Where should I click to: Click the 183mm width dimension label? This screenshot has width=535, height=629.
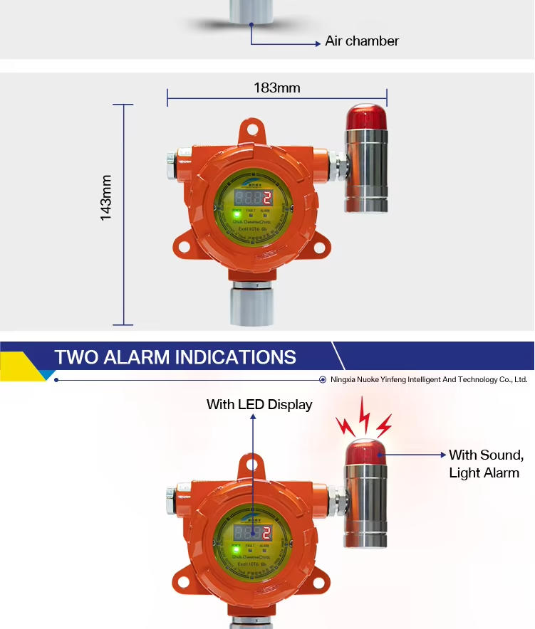click(277, 88)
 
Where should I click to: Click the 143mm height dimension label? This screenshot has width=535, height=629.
click(106, 198)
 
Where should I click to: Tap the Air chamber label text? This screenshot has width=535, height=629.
click(362, 41)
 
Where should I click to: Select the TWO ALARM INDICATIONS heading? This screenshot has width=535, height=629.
click(175, 356)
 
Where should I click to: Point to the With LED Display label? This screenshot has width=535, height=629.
click(259, 405)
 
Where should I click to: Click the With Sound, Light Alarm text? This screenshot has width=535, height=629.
click(486, 464)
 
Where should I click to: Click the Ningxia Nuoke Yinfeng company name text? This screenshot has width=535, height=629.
click(428, 380)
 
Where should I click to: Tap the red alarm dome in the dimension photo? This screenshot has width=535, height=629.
click(366, 117)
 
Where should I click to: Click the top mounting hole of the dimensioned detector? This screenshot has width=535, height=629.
click(251, 129)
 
